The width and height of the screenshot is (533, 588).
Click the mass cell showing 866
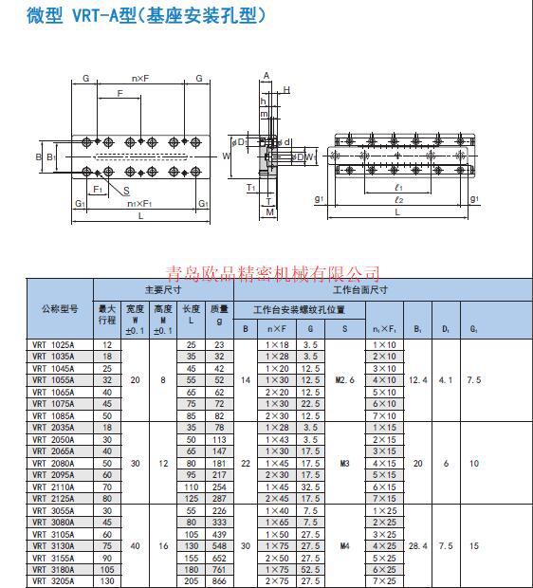point(220,579)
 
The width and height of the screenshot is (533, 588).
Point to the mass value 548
point(220,545)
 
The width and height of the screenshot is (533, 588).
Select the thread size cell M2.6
point(345,379)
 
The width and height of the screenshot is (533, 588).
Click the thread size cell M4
point(345,545)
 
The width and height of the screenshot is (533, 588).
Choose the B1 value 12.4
point(418,379)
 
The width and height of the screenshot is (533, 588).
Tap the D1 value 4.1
point(446,379)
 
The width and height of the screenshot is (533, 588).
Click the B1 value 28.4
point(418,545)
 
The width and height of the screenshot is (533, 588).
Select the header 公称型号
point(59,309)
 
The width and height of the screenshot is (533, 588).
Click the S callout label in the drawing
point(127,192)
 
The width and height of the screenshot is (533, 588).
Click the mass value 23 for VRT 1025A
point(220,344)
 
